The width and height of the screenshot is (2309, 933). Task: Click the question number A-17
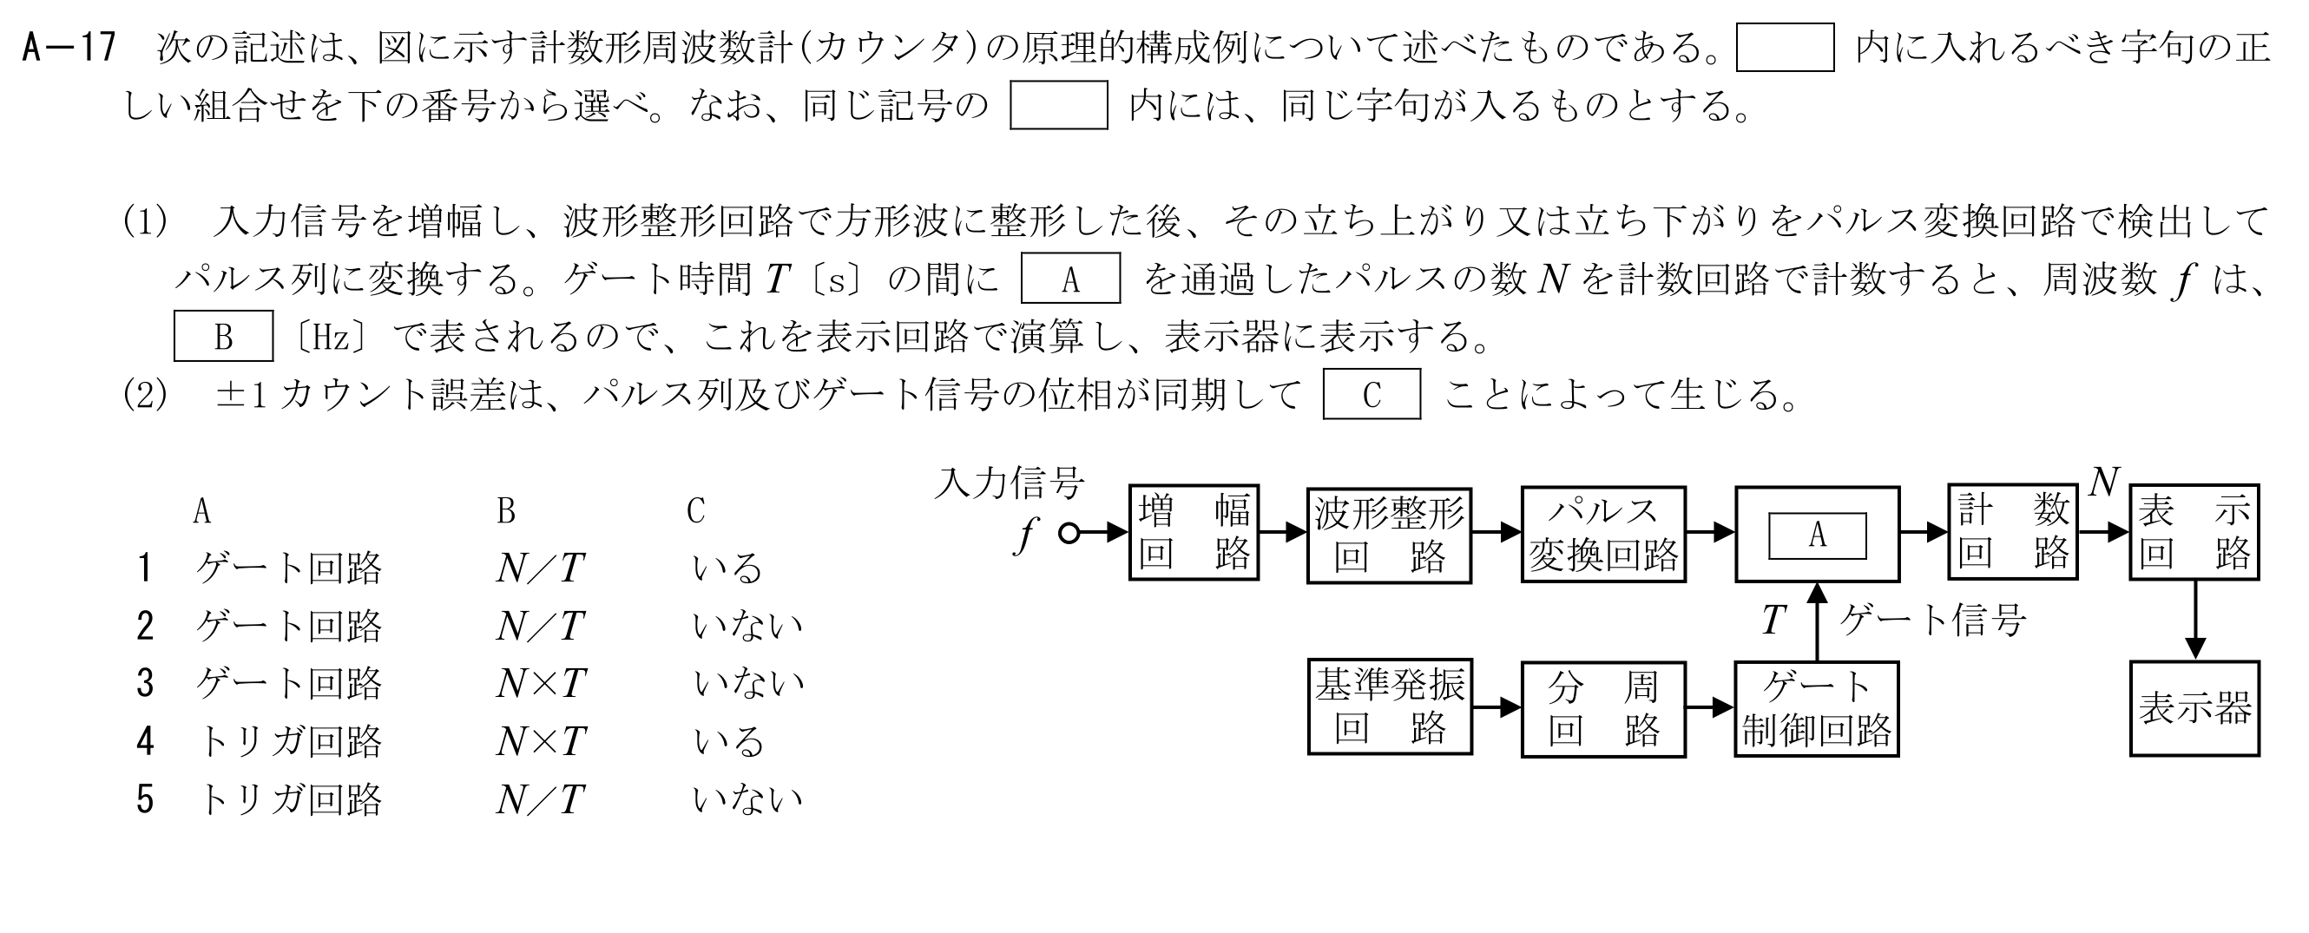69,47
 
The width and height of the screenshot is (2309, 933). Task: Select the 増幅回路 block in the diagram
1193,532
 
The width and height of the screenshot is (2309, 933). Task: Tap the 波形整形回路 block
1389,535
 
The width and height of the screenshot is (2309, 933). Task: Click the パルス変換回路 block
1602,534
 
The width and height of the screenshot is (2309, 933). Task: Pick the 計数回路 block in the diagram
2012,531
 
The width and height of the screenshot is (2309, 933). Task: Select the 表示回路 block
2194,531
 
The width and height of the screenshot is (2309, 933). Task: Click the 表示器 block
2194,708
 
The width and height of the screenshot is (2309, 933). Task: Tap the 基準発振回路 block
1390,708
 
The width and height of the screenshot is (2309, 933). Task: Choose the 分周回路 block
1602,709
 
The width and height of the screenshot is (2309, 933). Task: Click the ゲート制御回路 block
1816,709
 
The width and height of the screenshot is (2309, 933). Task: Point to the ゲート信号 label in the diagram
1932,620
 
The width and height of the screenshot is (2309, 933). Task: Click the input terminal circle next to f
1069,533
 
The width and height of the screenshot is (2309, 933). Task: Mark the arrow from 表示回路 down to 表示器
2194,621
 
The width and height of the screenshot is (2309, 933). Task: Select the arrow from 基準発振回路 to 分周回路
1496,708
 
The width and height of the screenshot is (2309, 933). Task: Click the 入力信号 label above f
1010,484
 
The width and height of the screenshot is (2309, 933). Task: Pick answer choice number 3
145,684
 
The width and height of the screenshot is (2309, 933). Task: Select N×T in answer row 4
541,741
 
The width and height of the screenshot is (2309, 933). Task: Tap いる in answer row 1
727,569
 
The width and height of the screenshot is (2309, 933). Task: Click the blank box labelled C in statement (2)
1372,394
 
